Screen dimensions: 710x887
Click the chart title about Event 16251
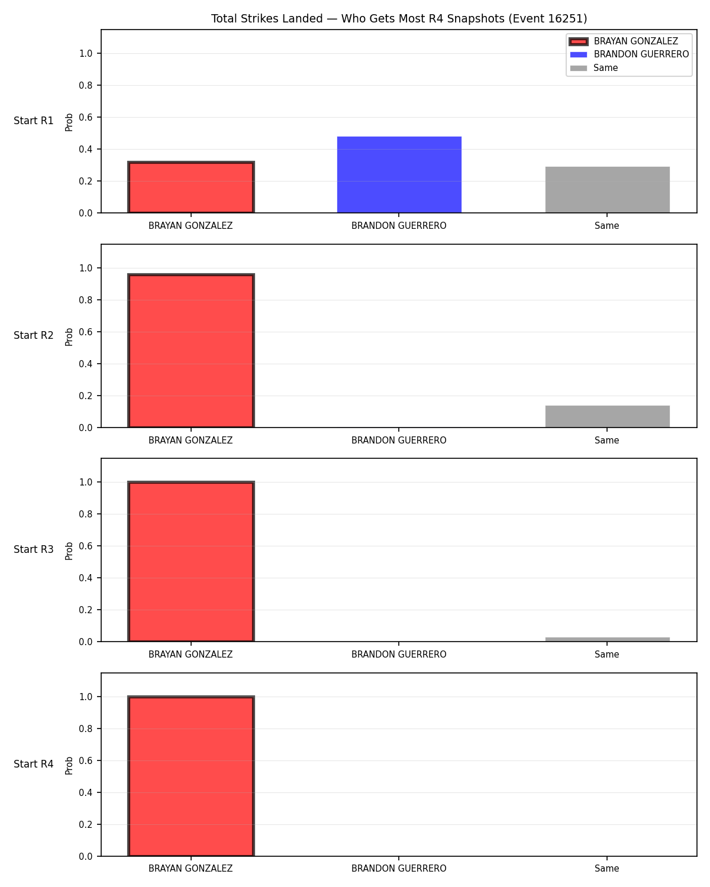tap(399, 18)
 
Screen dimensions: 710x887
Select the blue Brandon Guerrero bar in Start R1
tap(399, 174)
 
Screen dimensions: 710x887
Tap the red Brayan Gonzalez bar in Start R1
tap(191, 187)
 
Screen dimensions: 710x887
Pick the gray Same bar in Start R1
tap(607, 190)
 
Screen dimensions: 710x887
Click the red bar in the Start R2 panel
tap(191, 350)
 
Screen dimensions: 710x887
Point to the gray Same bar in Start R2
tap(607, 416)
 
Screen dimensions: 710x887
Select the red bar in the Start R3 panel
tap(191, 561)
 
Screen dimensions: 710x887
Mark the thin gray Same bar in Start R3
tap(607, 639)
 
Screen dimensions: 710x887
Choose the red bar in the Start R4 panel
tap(191, 776)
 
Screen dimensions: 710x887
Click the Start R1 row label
tap(33, 121)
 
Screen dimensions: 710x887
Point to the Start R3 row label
tap(33, 549)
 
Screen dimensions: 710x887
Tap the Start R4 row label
tap(33, 764)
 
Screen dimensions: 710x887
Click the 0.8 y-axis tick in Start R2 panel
tap(85, 300)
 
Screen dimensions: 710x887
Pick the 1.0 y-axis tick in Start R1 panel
tap(85, 54)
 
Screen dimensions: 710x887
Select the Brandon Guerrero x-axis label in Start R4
tap(399, 869)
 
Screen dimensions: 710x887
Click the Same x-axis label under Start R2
tap(606, 440)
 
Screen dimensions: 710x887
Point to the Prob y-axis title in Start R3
tap(69, 551)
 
